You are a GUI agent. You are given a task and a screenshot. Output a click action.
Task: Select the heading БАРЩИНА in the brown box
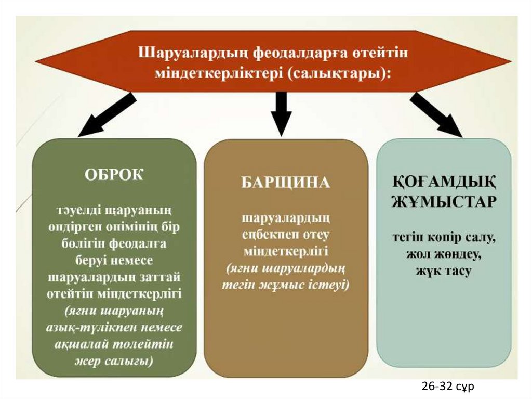pyautogui.click(x=285, y=183)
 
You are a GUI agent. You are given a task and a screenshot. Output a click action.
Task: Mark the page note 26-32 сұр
pyautogui.click(x=448, y=386)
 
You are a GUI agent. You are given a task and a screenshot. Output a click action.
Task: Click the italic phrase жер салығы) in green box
pyautogui.click(x=114, y=361)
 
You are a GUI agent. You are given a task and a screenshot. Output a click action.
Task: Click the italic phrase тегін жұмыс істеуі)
pyautogui.click(x=285, y=285)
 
